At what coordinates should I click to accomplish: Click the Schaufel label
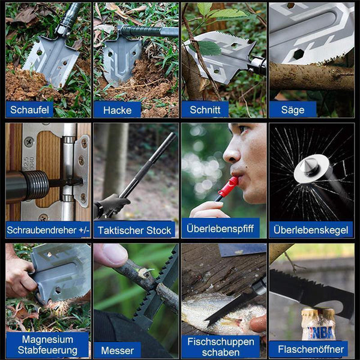coord(29,110)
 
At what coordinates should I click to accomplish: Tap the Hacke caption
coord(118,110)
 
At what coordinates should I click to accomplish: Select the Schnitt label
coord(205,110)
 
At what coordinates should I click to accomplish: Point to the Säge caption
coord(293,110)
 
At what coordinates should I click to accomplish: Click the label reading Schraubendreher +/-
coord(48,230)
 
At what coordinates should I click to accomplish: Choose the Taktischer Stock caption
coord(134,230)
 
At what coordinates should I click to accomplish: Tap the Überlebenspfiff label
coord(220,229)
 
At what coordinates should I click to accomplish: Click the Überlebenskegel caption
coord(311,230)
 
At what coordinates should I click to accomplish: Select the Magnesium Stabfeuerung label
coord(47,345)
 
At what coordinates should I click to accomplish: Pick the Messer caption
coord(118,350)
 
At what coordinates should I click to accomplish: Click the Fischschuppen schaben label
coord(221,347)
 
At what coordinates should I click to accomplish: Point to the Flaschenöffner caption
coord(311,349)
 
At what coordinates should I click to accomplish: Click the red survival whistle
coord(227,188)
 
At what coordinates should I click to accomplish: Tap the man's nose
coord(231,152)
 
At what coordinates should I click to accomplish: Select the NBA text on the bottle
coord(320,332)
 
